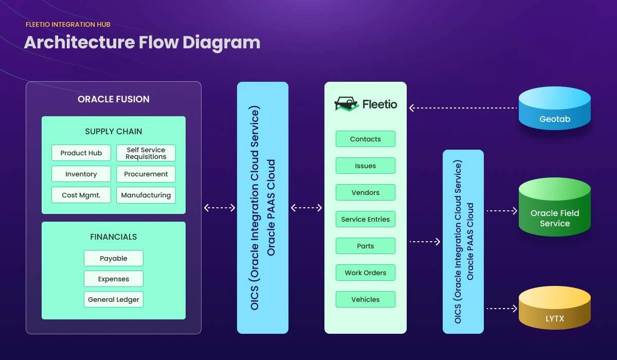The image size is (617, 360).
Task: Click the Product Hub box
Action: coord(81,153)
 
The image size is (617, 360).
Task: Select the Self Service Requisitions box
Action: coord(146,153)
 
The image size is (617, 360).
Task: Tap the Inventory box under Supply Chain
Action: coord(81,174)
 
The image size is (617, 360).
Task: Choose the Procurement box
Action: coord(146,174)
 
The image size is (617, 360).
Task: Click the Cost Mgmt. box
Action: coord(81,195)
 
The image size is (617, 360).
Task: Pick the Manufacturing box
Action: coord(146,195)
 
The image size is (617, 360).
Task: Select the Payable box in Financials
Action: coord(114,258)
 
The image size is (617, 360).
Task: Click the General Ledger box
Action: coord(114,299)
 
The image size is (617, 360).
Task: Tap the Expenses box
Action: coord(114,279)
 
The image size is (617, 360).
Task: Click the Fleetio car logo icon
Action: coord(346,104)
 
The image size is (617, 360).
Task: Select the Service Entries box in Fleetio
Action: coord(366,219)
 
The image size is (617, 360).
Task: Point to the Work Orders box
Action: coord(366,273)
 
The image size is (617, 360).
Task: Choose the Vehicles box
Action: coord(366,299)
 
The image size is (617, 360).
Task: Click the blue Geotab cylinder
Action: coord(555,109)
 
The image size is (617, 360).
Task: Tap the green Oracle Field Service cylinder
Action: coord(555,208)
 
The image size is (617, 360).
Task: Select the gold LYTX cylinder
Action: coord(555,308)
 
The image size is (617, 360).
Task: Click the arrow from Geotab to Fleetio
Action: coord(463,108)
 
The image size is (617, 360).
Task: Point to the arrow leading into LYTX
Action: coord(501,309)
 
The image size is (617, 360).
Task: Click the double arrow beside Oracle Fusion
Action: coord(220,208)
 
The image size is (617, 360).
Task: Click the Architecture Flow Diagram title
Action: coord(142,42)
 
